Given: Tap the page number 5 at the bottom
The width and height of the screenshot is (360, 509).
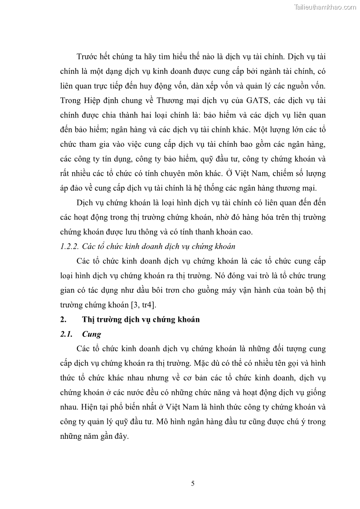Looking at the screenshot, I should [193, 484].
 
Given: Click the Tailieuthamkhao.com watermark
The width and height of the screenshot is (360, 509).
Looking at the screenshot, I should [325, 7].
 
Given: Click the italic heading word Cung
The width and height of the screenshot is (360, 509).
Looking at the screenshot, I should [92, 334].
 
